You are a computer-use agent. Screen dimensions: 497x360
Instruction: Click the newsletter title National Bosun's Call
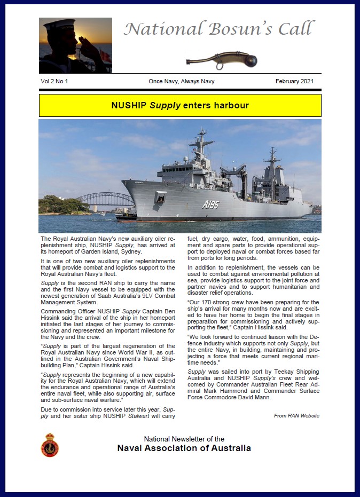tap(219, 29)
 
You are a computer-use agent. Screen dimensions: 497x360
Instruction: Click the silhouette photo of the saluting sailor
tap(75, 45)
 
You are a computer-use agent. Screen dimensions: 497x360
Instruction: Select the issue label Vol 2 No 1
tap(54, 81)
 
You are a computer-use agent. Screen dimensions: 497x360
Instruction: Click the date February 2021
tap(294, 81)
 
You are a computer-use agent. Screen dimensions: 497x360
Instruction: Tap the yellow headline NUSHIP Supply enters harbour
tap(180, 106)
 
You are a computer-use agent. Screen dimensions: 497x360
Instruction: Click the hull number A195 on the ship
tap(210, 204)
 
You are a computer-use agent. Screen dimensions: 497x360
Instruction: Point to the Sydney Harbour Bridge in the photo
tap(105, 199)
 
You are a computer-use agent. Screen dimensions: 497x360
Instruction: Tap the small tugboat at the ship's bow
tap(127, 216)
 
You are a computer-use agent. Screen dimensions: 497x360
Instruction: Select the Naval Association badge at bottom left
tap(50, 445)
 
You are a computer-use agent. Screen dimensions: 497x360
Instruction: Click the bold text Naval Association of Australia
tap(184, 448)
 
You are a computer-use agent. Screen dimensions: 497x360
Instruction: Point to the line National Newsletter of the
tap(184, 439)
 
